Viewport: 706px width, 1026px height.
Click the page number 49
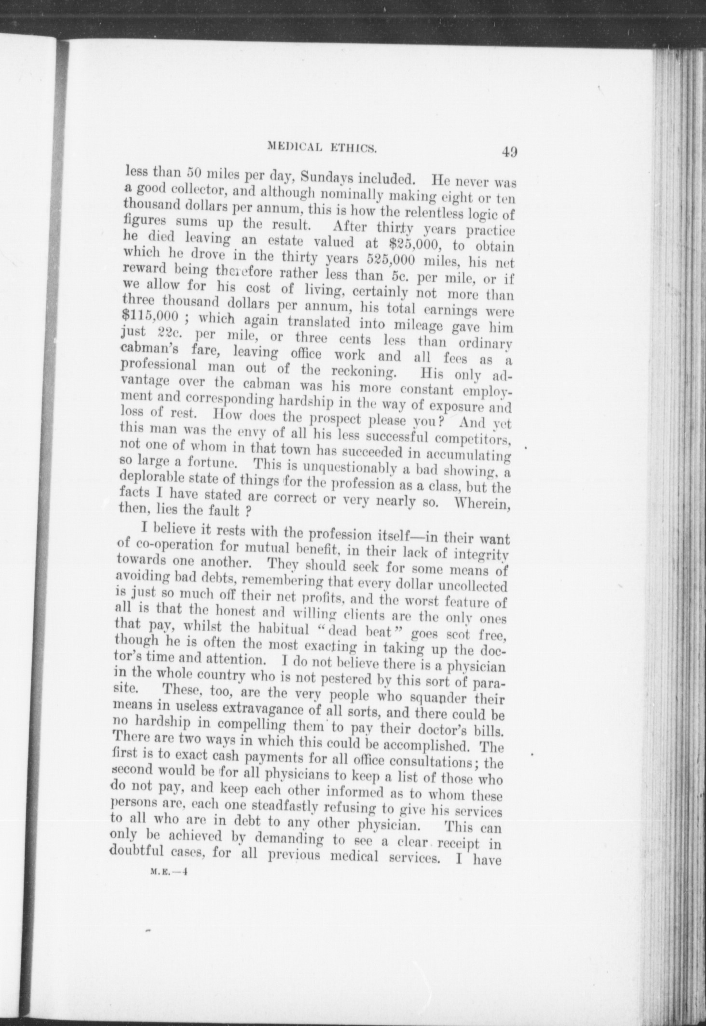pyautogui.click(x=509, y=152)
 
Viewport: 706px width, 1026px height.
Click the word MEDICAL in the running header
pyautogui.click(x=295, y=147)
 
